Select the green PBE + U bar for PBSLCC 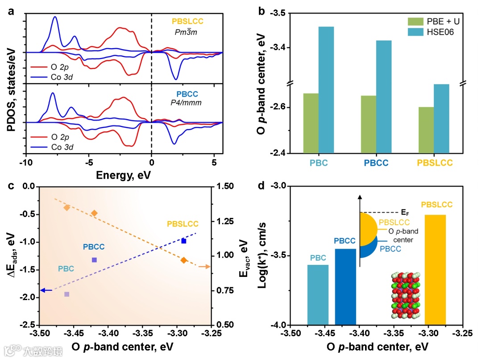tap(426, 130)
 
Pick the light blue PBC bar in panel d tap(318, 295)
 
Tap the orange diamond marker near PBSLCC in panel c tap(184, 260)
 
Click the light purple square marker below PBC tap(67, 294)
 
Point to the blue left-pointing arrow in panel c tap(46, 290)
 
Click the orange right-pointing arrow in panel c tap(204, 267)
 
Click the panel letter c tap(11, 187)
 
